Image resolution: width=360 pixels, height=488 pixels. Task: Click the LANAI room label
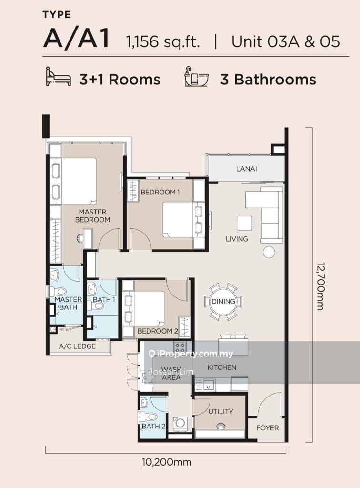pos(246,169)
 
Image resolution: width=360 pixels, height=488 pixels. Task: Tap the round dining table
pos(223,301)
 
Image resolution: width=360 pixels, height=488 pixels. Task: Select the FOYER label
pos(267,428)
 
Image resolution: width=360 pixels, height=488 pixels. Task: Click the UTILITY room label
pos(220,411)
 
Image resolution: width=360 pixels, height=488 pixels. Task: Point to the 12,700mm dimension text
pos(320,286)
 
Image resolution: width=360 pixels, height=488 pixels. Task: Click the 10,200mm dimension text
pos(167,462)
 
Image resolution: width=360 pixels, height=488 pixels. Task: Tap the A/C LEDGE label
pos(78,346)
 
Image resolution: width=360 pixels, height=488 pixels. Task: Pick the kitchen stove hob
pos(180,347)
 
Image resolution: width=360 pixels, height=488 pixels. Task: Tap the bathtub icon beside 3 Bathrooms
pos(196,76)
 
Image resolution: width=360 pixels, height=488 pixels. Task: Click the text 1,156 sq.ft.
pos(162,42)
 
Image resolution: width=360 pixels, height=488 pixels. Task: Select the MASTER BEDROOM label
pos(93,216)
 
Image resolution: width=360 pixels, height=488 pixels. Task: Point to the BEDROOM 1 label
pos(160,192)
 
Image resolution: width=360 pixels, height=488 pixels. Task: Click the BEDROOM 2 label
pos(158,331)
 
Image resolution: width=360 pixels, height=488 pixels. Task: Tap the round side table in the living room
pos(269,252)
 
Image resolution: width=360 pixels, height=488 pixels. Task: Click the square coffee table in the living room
pos(245,223)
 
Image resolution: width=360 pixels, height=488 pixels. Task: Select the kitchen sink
pos(209,385)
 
